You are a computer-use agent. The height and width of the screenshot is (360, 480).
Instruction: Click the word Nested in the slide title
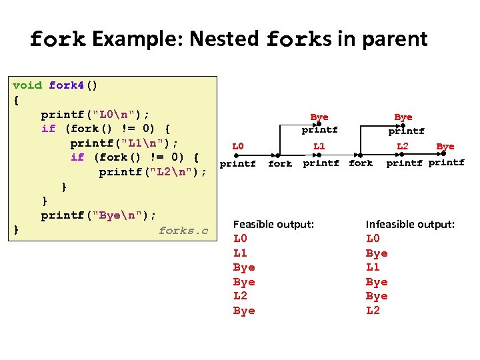point(224,39)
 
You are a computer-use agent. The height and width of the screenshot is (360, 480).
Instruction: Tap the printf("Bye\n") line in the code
point(98,215)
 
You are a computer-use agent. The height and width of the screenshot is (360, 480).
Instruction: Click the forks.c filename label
point(183,231)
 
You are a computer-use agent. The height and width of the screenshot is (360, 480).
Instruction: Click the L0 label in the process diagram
point(237,145)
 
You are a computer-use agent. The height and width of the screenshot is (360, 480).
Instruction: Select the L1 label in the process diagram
point(319,145)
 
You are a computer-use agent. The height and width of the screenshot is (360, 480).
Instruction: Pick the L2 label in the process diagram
point(402,145)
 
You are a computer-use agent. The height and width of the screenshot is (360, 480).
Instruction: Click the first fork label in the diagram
point(280,163)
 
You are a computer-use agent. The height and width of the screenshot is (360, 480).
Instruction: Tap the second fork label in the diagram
point(361,163)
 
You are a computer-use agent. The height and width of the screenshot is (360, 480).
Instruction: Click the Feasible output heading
point(273,225)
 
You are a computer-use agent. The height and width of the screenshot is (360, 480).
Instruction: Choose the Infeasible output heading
point(410,225)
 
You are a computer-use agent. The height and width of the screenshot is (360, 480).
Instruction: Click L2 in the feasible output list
point(240,296)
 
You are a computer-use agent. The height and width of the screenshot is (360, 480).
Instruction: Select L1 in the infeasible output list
point(373,267)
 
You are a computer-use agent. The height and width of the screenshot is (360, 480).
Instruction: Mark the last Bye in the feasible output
point(244,311)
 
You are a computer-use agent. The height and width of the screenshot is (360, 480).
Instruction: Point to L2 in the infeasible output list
point(373,311)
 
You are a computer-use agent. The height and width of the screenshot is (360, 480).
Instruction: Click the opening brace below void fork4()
point(16,100)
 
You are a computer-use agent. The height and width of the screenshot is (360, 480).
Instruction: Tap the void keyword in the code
point(27,85)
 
